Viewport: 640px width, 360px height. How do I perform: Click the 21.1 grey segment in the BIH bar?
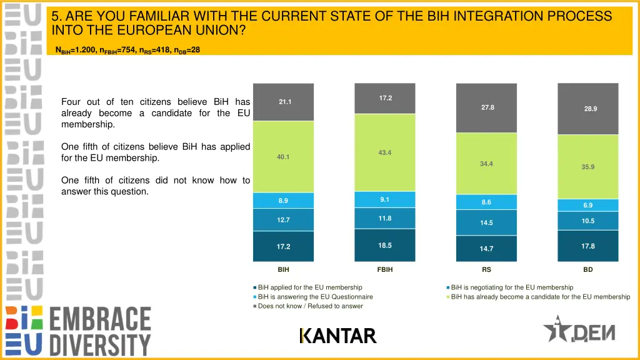click(x=283, y=102)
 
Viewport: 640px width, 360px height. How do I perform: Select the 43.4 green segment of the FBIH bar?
click(x=384, y=152)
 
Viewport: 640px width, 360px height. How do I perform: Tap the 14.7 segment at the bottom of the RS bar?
click(x=486, y=249)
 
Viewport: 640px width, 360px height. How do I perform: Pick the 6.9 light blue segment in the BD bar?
click(x=587, y=205)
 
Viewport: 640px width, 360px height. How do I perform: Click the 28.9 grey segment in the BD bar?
click(x=587, y=109)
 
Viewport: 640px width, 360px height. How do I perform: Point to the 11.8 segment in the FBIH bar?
click(x=384, y=218)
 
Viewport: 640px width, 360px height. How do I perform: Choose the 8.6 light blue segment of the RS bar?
click(x=486, y=202)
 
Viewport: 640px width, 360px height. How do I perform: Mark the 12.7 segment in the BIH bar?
click(x=283, y=219)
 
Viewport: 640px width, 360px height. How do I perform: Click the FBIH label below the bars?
click(x=385, y=270)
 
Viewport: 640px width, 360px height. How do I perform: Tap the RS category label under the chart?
click(x=486, y=270)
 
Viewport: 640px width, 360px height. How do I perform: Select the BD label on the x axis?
click(x=588, y=270)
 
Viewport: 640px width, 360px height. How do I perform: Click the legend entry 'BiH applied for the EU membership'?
click(x=309, y=287)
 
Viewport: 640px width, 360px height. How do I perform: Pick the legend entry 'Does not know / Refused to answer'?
click(x=309, y=306)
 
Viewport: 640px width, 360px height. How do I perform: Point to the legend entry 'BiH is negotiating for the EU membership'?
click(x=511, y=287)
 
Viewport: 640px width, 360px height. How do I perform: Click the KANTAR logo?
click(x=338, y=336)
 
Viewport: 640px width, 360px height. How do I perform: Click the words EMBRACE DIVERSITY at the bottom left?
click(x=100, y=331)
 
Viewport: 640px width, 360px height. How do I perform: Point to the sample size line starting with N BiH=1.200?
click(x=127, y=50)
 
